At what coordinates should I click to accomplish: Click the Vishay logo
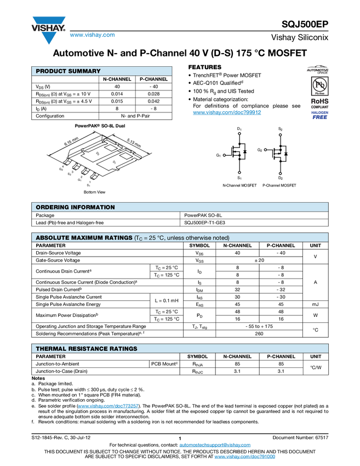(x=48, y=30)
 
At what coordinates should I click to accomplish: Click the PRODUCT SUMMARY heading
(x=68, y=71)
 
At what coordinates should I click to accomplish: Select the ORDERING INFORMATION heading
(x=75, y=207)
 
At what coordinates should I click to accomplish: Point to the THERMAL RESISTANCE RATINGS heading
(x=86, y=349)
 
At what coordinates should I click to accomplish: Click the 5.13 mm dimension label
(x=134, y=142)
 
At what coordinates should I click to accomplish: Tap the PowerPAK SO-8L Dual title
(x=100, y=126)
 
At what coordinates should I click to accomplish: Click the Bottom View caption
(x=94, y=192)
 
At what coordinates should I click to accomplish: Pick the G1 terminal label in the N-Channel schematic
(x=218, y=156)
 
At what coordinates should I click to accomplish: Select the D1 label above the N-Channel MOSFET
(x=239, y=129)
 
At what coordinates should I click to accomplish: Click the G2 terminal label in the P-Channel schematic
(x=260, y=149)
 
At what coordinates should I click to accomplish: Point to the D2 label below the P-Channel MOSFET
(x=280, y=178)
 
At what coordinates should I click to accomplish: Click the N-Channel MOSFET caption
(x=239, y=185)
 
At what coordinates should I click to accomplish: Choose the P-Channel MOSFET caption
(x=279, y=185)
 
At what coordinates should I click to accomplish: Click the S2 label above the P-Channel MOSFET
(x=280, y=129)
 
